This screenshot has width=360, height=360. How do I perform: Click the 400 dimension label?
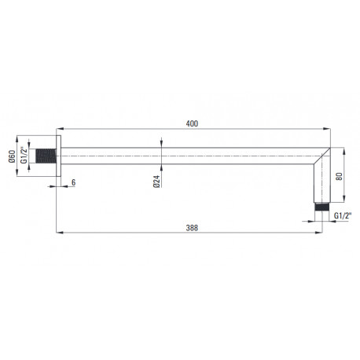tap(192, 123)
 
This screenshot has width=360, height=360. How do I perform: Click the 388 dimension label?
tap(192, 228)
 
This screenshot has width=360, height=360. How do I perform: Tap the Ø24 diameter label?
tap(156, 182)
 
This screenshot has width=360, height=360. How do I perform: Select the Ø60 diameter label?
tap(12, 156)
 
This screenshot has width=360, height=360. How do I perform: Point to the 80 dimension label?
tap(339, 176)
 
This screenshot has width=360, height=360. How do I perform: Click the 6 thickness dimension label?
tap(74, 182)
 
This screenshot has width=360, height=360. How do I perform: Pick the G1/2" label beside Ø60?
tap(24, 155)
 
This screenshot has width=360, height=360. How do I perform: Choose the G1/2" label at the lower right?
tap(343, 215)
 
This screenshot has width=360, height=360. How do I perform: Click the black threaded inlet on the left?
tap(46, 156)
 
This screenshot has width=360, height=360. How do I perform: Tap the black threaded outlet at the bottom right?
tap(322, 207)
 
